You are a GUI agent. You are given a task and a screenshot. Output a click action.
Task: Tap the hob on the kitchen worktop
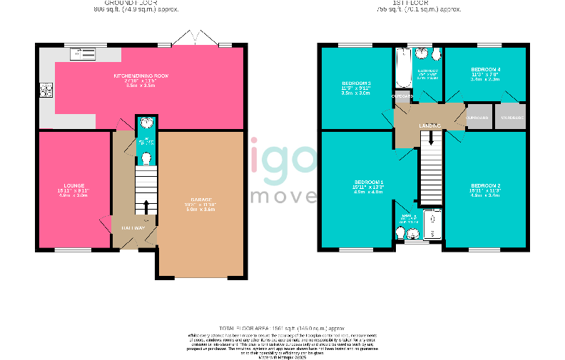coord(47,89)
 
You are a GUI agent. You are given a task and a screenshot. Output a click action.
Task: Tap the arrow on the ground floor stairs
coord(146,207)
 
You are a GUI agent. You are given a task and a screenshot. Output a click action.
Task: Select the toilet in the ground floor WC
coord(146,158)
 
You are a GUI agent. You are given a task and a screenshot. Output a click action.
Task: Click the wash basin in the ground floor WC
coord(146,123)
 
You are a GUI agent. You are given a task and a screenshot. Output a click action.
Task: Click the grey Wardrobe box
coord(511,117)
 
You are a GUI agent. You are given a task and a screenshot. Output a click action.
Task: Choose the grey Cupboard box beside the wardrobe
coord(477,117)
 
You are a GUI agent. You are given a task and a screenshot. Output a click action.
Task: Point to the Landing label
coord(429,125)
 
